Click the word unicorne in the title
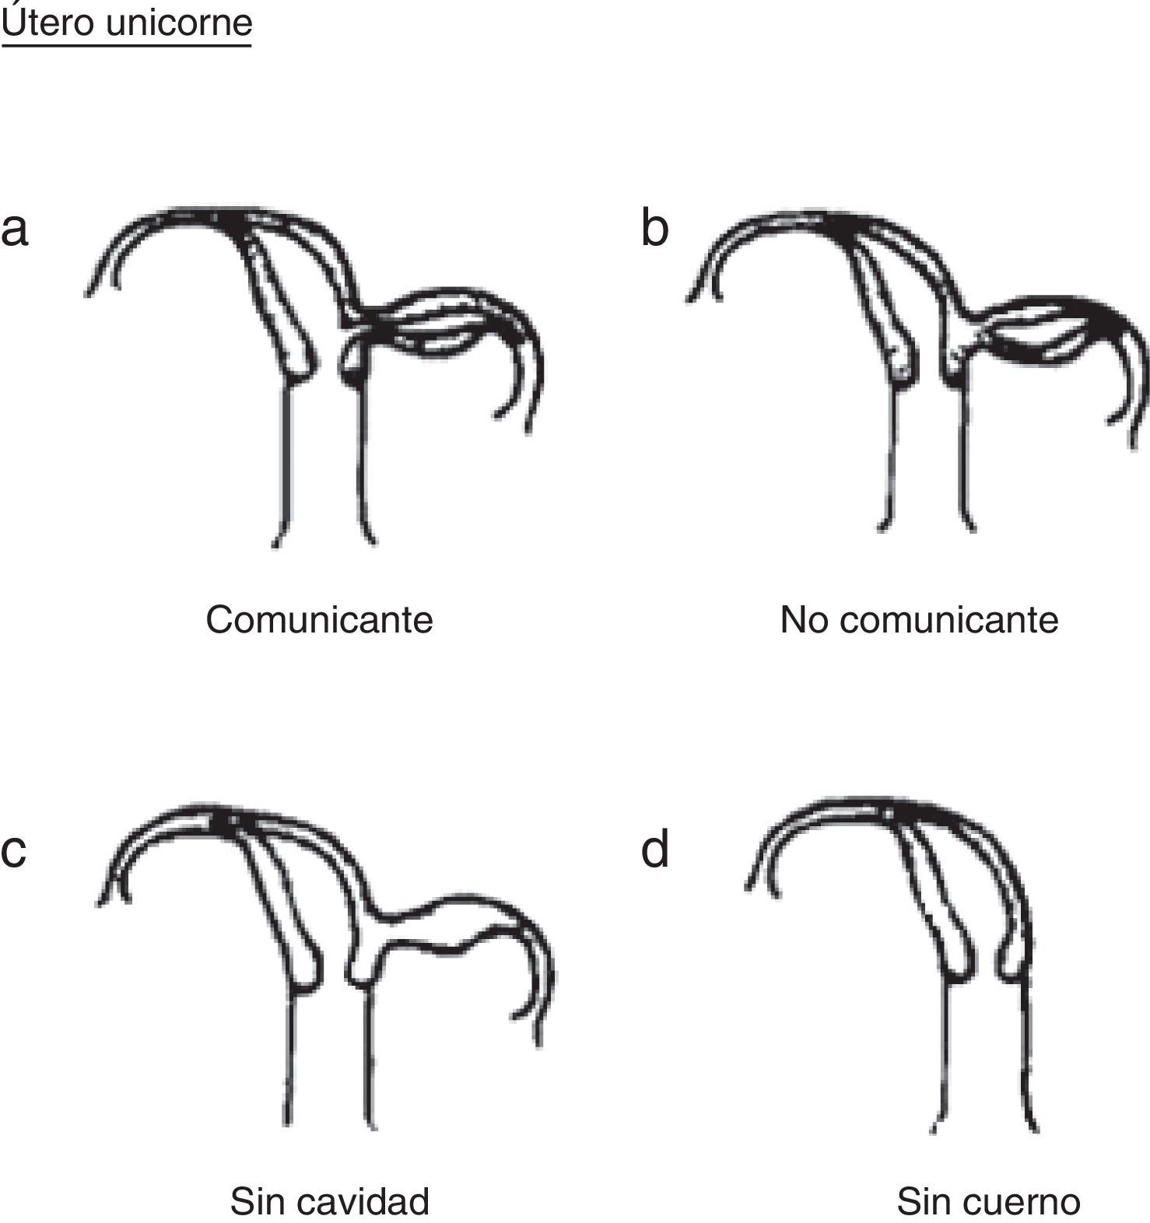coord(178,23)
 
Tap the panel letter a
coord(15,230)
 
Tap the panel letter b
coord(654,230)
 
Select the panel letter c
coord(14,850)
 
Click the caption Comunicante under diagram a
coord(319,620)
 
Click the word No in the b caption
coord(805,620)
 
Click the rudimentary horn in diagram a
coord(436,323)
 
